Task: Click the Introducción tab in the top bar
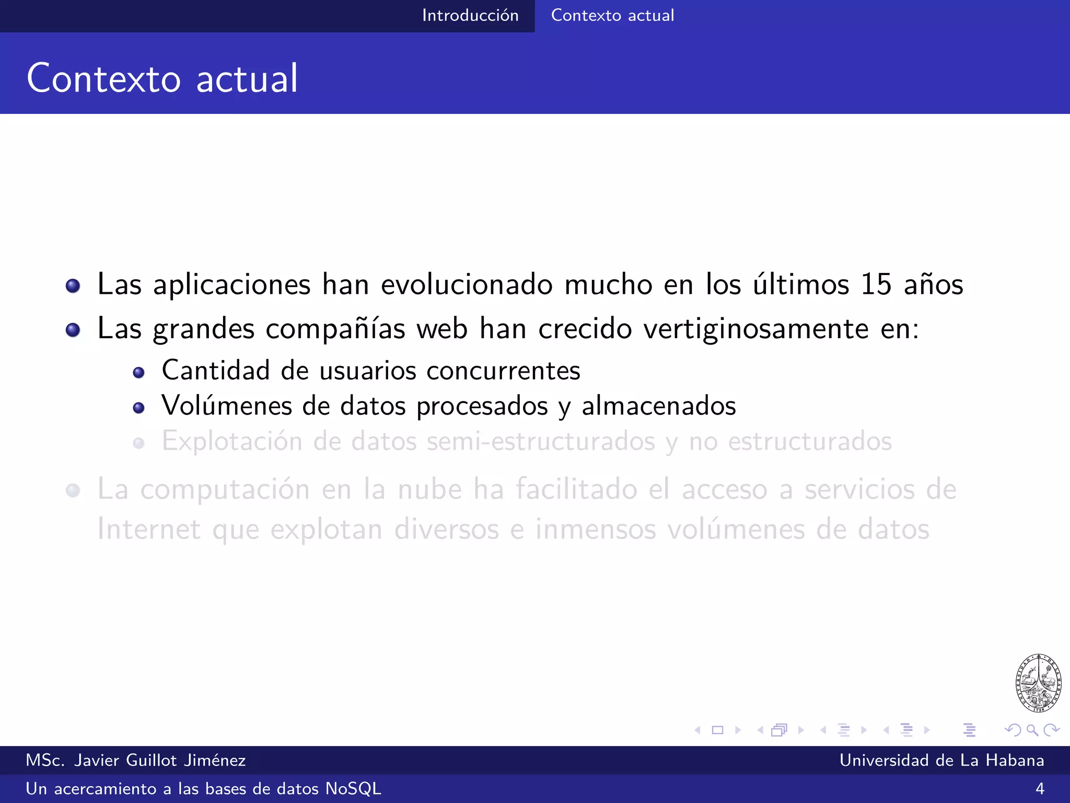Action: click(x=470, y=16)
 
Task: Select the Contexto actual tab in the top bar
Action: click(x=612, y=16)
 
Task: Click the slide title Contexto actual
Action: click(x=162, y=78)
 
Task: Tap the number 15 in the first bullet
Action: click(x=876, y=285)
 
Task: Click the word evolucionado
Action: click(x=467, y=285)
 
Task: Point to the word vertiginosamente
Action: click(x=756, y=329)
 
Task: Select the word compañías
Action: click(x=335, y=329)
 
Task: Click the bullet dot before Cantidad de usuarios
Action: click(x=138, y=373)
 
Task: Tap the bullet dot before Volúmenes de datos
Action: click(x=138, y=408)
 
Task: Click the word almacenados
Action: click(x=659, y=406)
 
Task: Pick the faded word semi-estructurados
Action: click(x=541, y=442)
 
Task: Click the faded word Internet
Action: click(x=149, y=529)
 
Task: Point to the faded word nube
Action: click(x=429, y=490)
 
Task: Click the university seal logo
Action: click(x=1038, y=683)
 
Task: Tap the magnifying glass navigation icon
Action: click(x=1032, y=730)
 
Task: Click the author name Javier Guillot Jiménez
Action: click(x=160, y=760)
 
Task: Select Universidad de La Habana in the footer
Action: click(x=941, y=760)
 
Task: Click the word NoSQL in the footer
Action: click(x=353, y=788)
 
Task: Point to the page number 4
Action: click(x=1040, y=788)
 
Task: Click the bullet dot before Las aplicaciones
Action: click(x=73, y=286)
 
